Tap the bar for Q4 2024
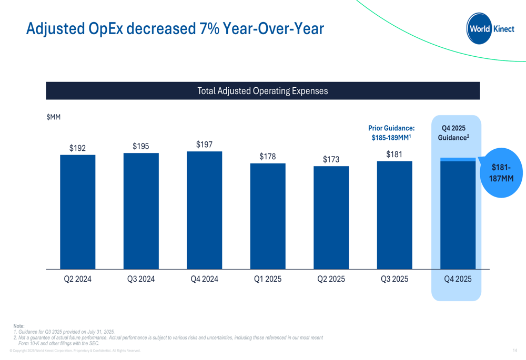(204, 210)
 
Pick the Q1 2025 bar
(268, 216)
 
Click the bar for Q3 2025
(394, 215)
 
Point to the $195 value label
(141, 147)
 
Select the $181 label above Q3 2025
(394, 155)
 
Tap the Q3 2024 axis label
(141, 279)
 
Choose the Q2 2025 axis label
(331, 279)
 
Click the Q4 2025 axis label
(458, 279)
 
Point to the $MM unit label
(54, 117)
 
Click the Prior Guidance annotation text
(391, 132)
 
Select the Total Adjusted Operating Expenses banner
(262, 91)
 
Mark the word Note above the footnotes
(19, 326)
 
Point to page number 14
(514, 351)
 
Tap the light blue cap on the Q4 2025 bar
(458, 159)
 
